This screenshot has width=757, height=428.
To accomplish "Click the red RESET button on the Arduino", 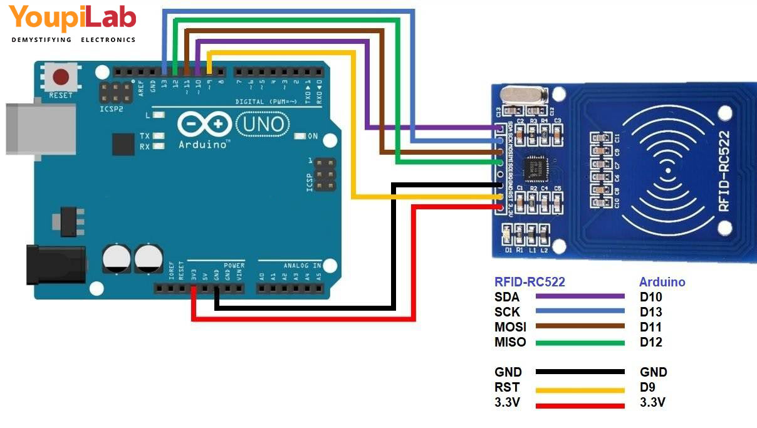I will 61,78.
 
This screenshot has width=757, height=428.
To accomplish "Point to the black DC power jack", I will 55,264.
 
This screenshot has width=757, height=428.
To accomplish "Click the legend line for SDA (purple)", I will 580,296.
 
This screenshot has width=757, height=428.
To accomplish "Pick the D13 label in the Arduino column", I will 650,312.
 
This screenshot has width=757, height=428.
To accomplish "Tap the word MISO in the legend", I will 509,342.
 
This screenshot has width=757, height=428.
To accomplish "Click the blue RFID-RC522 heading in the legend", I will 530,282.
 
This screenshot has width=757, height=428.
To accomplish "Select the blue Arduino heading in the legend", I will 662,282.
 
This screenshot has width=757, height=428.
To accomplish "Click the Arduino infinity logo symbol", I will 201,125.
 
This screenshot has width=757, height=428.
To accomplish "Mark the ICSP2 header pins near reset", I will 117,93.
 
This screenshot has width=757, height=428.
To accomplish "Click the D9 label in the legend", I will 647,387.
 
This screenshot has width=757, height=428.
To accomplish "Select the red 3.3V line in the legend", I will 580,405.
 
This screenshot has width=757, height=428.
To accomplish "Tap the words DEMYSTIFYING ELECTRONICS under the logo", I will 73,39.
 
